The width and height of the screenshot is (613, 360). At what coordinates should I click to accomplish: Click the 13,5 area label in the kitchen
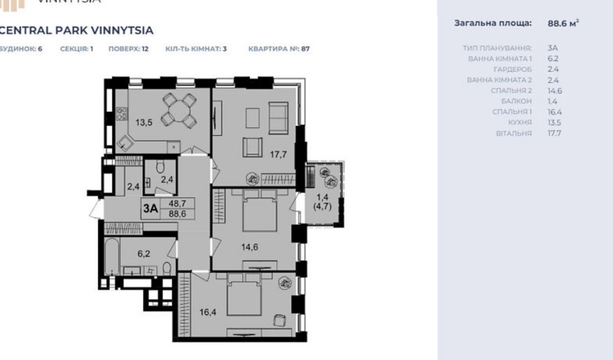pyautogui.click(x=144, y=123)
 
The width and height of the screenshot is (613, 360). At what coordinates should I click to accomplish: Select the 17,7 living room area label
pyautogui.click(x=278, y=155)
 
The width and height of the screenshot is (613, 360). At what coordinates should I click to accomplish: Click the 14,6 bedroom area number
pyautogui.click(x=249, y=247)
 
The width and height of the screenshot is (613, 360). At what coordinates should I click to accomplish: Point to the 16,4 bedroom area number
pyautogui.click(x=208, y=312)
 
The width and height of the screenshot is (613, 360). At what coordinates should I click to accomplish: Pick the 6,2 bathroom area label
pyautogui.click(x=144, y=254)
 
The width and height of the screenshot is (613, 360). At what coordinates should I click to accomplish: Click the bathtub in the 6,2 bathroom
pyautogui.click(x=112, y=257)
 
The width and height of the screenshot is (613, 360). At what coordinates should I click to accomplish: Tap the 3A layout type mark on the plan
pyautogui.click(x=151, y=208)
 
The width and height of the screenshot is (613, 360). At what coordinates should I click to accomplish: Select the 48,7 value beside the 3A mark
pyautogui.click(x=177, y=203)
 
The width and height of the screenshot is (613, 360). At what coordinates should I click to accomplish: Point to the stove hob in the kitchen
pyautogui.click(x=122, y=114)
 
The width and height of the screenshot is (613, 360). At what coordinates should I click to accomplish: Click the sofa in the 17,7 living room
pyautogui.click(x=278, y=118)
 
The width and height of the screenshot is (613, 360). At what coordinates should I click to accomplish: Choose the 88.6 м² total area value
pyautogui.click(x=563, y=23)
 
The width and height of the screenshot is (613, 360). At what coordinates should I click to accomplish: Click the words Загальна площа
pyautogui.click(x=493, y=23)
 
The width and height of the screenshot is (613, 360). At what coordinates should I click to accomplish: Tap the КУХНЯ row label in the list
pyautogui.click(x=520, y=123)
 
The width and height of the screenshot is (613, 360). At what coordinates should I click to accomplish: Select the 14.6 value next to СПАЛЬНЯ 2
pyautogui.click(x=555, y=91)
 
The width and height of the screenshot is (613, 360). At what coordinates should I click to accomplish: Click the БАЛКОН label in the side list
pyautogui.click(x=516, y=101)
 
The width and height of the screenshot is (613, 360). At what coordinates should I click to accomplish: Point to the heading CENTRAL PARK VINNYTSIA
pyautogui.click(x=76, y=30)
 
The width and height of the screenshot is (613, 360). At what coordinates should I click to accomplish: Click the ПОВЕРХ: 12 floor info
pyautogui.click(x=128, y=49)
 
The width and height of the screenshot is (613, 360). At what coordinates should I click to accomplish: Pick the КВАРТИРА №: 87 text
pyautogui.click(x=279, y=49)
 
